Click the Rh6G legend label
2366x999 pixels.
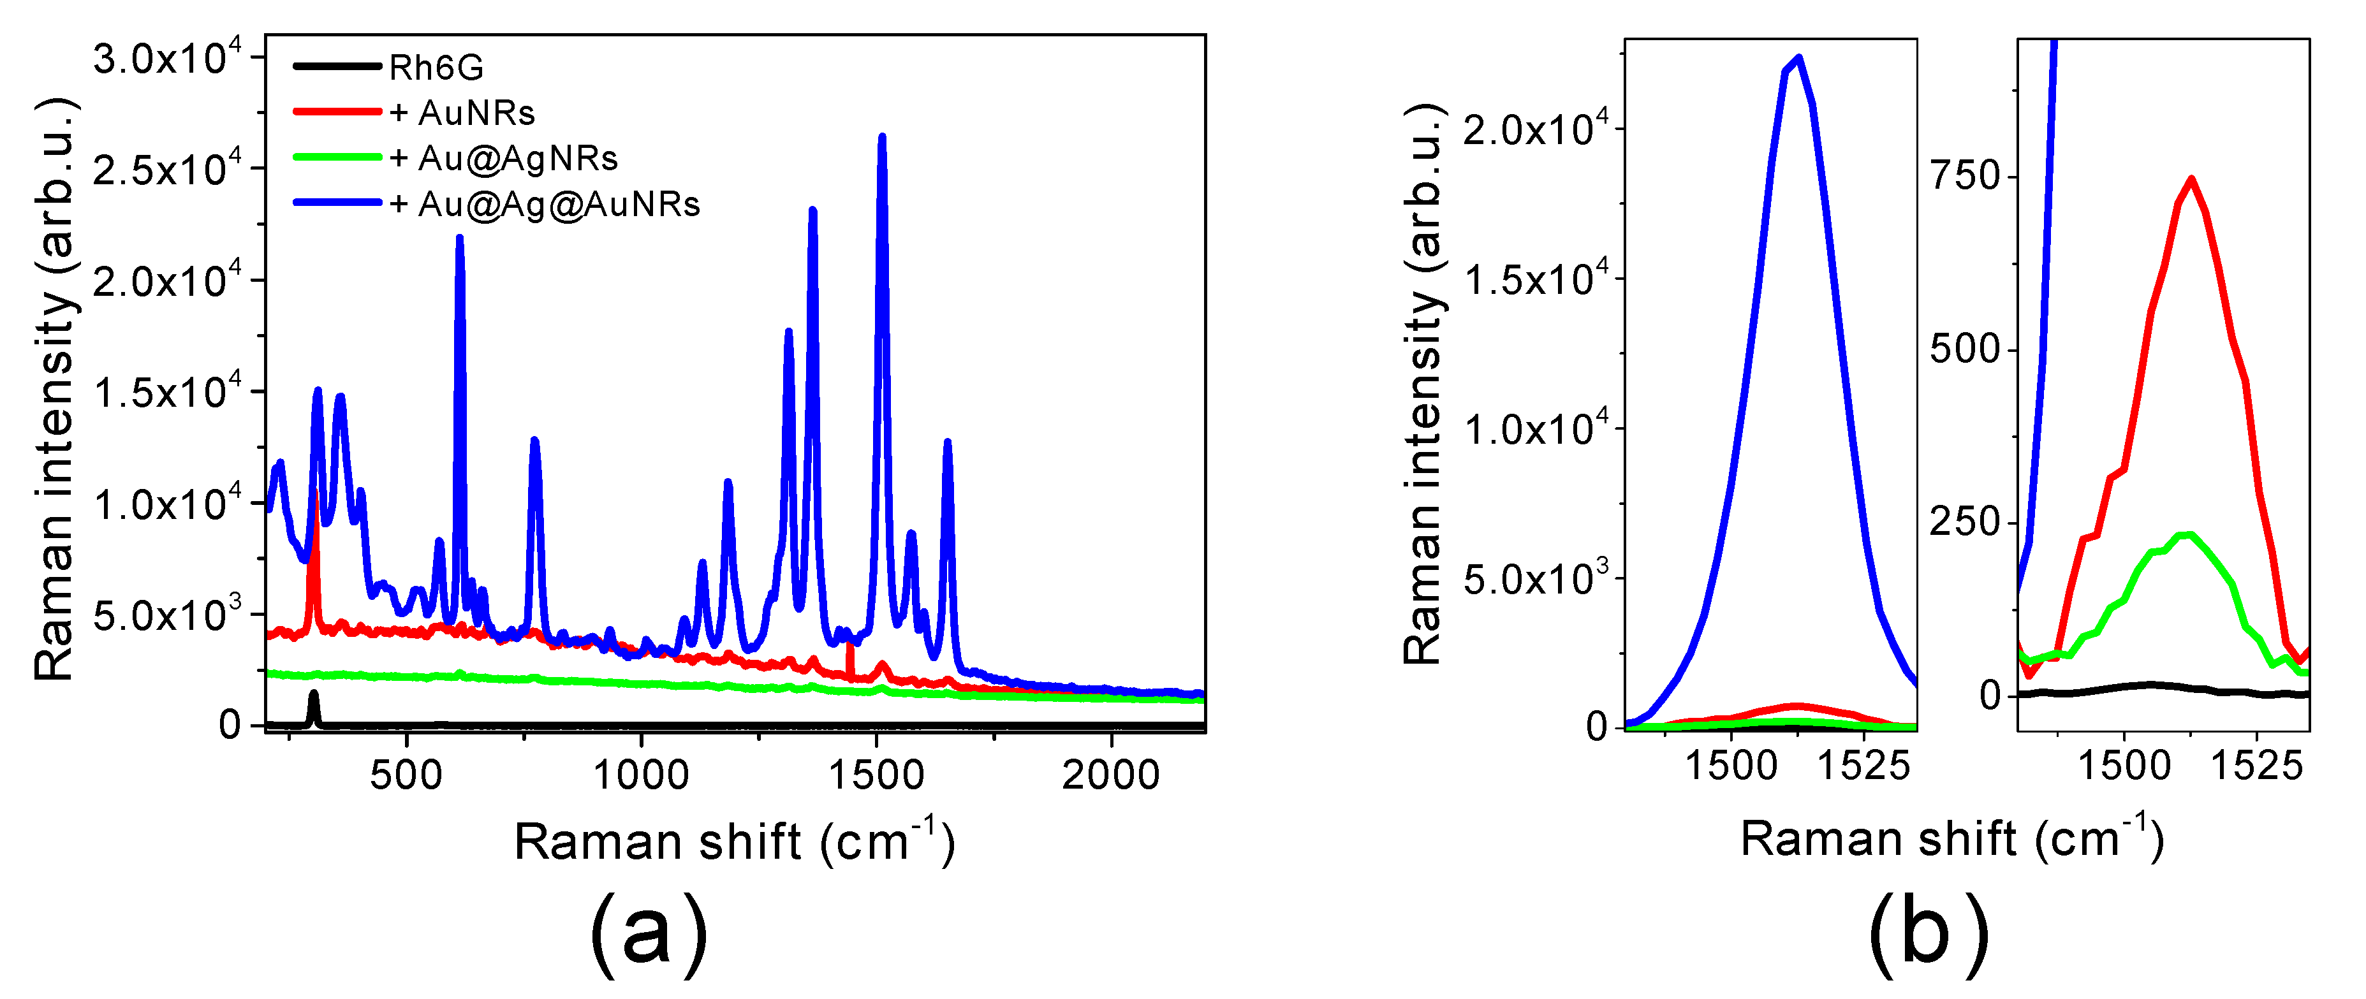[436, 68]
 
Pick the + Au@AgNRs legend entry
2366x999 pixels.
[503, 159]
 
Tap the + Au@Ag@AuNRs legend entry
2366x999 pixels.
[545, 204]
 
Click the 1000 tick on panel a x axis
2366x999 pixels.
[641, 776]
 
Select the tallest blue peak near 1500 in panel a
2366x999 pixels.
[882, 138]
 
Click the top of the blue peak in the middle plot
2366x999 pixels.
[1798, 59]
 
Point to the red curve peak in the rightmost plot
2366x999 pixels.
[2191, 179]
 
